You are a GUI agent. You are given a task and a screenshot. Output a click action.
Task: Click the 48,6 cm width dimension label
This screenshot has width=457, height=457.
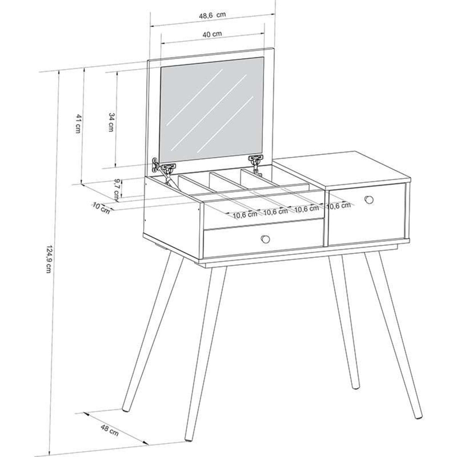click(x=212, y=15)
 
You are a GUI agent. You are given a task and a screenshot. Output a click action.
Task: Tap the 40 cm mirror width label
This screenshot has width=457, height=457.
click(x=212, y=34)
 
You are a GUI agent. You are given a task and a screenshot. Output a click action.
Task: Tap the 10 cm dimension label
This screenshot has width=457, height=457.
click(x=101, y=208)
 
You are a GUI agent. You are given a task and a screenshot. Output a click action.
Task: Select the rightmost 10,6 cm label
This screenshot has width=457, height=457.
click(x=339, y=205)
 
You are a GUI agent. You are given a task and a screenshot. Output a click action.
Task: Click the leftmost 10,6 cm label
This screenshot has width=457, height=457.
click(x=245, y=215)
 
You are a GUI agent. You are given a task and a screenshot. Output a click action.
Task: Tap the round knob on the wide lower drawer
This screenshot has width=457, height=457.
click(x=265, y=239)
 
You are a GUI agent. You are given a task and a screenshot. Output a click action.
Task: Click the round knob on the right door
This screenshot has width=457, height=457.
click(x=369, y=200)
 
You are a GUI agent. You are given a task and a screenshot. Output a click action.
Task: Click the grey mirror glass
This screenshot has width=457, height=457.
click(x=211, y=110)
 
